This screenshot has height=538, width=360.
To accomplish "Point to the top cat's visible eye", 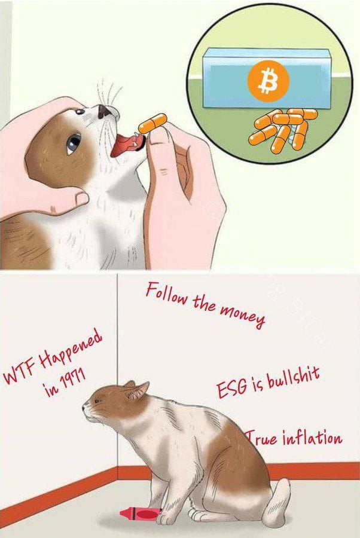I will coord(74,142).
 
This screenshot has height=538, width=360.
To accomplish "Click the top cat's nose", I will coord(104,111).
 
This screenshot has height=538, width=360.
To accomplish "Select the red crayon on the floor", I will coord(141,512).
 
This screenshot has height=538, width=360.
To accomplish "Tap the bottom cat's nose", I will coord(84,408).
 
